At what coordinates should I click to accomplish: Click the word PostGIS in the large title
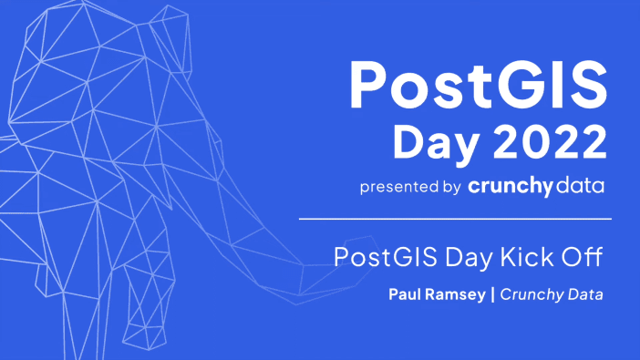[478, 84]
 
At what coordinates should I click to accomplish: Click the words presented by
[409, 187]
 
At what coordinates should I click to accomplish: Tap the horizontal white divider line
[455, 220]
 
